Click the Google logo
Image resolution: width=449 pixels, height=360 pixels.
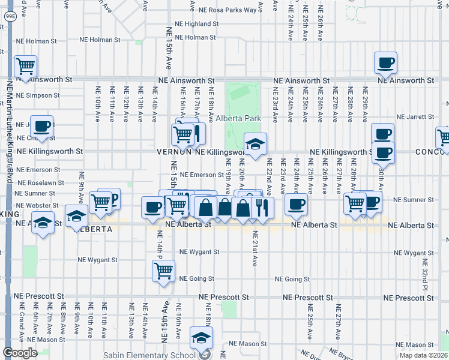tap(20, 353)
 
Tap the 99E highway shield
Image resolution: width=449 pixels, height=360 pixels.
tap(11, 17)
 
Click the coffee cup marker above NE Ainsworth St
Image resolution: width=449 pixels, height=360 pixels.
tap(385, 61)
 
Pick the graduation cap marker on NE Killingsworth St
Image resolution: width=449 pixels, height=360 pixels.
tap(255, 143)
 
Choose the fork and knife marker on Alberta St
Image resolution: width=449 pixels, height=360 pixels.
tap(262, 207)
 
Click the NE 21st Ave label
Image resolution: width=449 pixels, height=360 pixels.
tap(255, 248)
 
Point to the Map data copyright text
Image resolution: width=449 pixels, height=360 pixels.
tap(423, 356)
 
